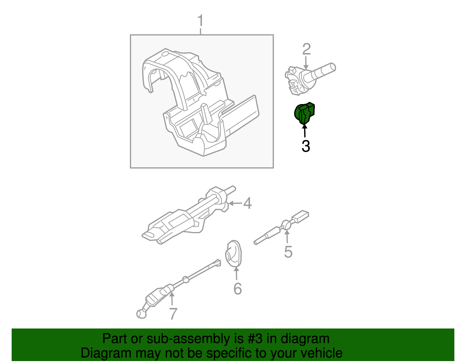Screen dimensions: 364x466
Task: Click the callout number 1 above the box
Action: (200, 21)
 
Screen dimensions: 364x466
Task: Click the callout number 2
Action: (306, 49)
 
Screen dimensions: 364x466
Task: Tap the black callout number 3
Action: (306, 146)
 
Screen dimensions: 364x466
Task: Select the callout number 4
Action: (247, 203)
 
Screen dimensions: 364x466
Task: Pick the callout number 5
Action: (288, 252)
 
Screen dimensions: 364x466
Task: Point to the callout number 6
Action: (238, 289)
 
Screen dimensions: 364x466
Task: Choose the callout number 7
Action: (173, 314)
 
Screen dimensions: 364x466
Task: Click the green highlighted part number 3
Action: (304, 113)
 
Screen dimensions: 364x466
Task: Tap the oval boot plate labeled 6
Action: (234, 254)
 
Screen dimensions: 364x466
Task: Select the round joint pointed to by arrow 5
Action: (287, 225)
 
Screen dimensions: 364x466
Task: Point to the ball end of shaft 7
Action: (141, 314)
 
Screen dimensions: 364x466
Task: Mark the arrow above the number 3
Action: (305, 131)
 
